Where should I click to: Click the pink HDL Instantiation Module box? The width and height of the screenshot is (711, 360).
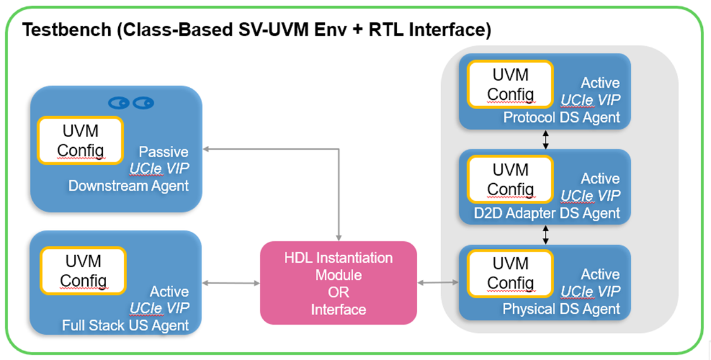[x=338, y=283]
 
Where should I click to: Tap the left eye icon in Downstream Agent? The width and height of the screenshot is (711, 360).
[x=118, y=102]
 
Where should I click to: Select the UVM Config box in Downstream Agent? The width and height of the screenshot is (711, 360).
[x=80, y=141]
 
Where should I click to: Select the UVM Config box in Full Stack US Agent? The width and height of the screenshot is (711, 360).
[x=83, y=270]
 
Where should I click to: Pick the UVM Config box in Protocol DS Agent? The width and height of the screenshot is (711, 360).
[x=510, y=84]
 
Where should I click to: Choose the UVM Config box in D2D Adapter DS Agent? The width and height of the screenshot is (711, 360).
[x=510, y=179]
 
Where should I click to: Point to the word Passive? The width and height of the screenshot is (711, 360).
[x=164, y=152]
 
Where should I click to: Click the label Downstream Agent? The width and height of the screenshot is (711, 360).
[x=128, y=186]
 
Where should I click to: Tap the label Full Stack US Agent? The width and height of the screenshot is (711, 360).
[x=125, y=326]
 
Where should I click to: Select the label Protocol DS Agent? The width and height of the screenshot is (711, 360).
[x=561, y=117]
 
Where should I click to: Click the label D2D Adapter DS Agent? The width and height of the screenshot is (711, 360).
[x=547, y=213]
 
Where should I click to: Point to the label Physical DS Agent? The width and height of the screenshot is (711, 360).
[x=561, y=309]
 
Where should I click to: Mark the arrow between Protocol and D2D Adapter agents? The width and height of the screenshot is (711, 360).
[x=545, y=140]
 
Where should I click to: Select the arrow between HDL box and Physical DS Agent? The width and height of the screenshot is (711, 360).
[x=438, y=283]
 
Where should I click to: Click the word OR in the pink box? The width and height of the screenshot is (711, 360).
[x=338, y=292]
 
